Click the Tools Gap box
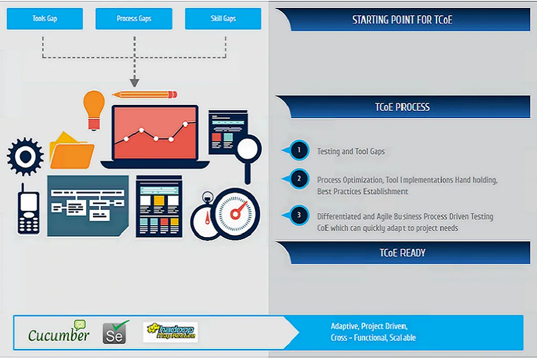[45, 18]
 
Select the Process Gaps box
[134, 18]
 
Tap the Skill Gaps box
[223, 18]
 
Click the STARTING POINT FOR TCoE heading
[403, 20]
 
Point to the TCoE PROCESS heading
[403, 107]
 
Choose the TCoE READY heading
[403, 253]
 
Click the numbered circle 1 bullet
[299, 150]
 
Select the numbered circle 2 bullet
[299, 178]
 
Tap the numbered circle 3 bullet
[299, 215]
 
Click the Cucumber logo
[59, 332]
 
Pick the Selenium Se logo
[115, 332]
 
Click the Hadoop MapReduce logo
[171, 332]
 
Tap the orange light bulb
[94, 110]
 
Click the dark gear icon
[25, 156]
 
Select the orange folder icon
[71, 151]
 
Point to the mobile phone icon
[28, 210]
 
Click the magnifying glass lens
[248, 149]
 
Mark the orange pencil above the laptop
[144, 94]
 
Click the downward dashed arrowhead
[134, 82]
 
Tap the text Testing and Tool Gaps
[351, 151]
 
